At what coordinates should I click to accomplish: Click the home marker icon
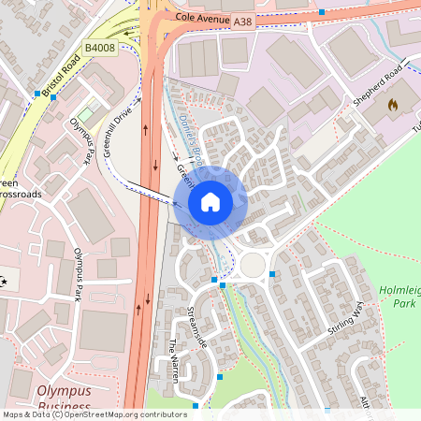(210, 201)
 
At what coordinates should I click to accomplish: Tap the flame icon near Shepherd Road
(392, 106)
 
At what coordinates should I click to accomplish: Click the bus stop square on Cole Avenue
(321, 12)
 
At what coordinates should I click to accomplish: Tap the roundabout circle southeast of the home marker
(253, 266)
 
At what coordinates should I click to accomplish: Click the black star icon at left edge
(3, 281)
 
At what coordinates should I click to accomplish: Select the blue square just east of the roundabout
(272, 274)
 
